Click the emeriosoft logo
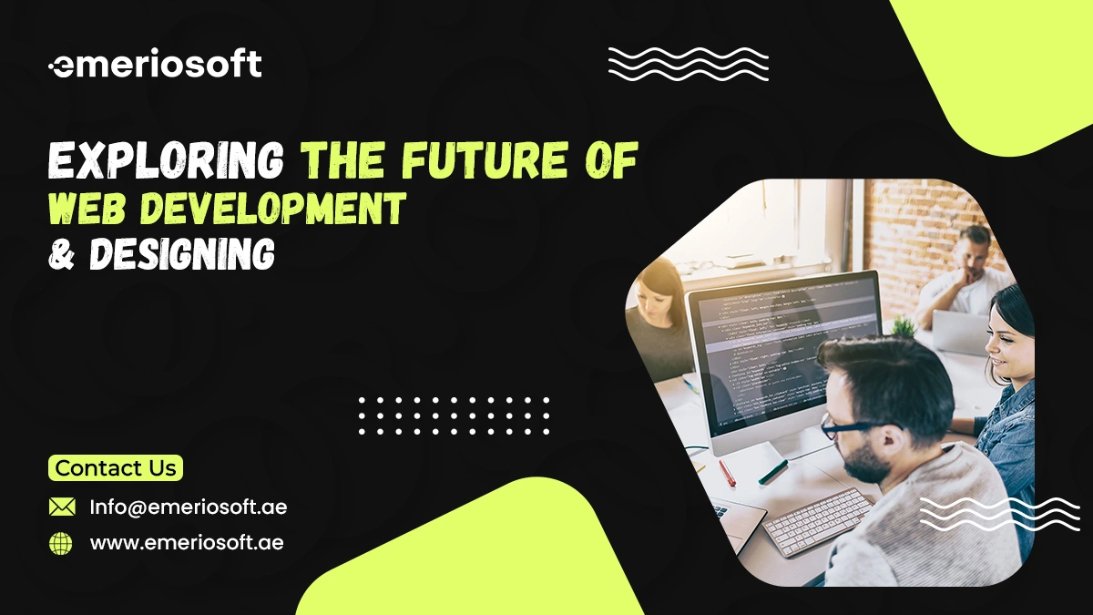[155, 65]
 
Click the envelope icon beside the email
[62, 507]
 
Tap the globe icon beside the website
[61, 544]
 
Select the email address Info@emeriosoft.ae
[188, 507]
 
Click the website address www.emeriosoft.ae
[187, 543]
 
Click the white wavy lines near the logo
[688, 64]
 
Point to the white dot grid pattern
[454, 415]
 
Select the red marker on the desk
[727, 472]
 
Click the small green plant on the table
[904, 325]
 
